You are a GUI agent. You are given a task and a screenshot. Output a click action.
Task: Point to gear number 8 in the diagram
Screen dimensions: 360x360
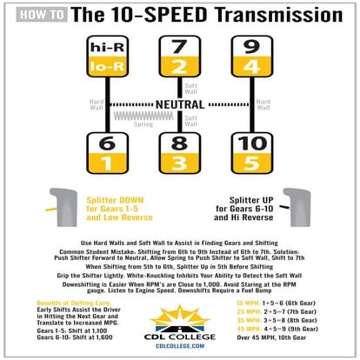179,144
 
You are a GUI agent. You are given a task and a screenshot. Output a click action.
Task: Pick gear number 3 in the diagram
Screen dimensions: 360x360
179,163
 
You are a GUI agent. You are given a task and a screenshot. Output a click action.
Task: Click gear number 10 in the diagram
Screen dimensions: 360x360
252,144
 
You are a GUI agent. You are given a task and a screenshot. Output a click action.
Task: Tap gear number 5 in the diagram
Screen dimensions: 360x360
252,163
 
